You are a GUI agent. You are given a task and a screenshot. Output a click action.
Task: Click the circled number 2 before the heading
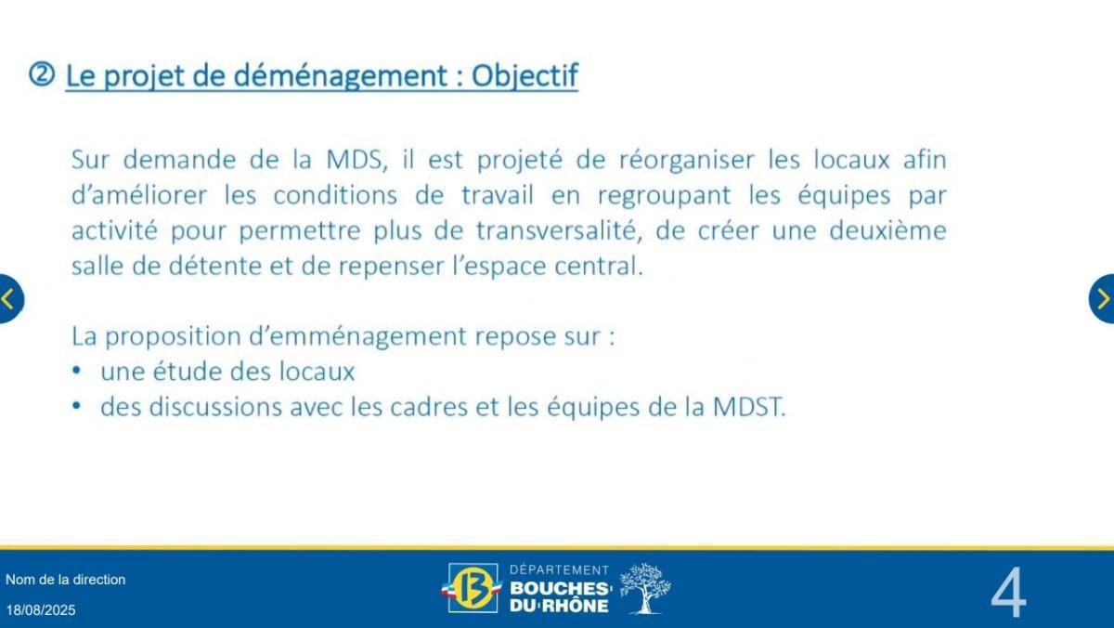point(43,75)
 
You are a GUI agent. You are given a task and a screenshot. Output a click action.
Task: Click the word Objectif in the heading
point(525,76)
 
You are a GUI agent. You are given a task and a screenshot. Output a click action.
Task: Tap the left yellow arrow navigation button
point(8,299)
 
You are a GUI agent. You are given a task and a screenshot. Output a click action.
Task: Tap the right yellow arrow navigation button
point(1103,299)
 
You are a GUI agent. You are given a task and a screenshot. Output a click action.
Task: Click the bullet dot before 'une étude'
point(77,372)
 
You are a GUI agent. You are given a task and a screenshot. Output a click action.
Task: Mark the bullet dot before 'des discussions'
point(77,407)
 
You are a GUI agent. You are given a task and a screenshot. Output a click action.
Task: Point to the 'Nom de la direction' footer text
point(65,580)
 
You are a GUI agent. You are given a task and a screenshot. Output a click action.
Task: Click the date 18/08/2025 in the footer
point(41,610)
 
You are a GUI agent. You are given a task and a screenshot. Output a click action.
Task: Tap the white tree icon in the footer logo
point(643,588)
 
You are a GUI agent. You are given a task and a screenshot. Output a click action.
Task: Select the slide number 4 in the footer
point(1008,593)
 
